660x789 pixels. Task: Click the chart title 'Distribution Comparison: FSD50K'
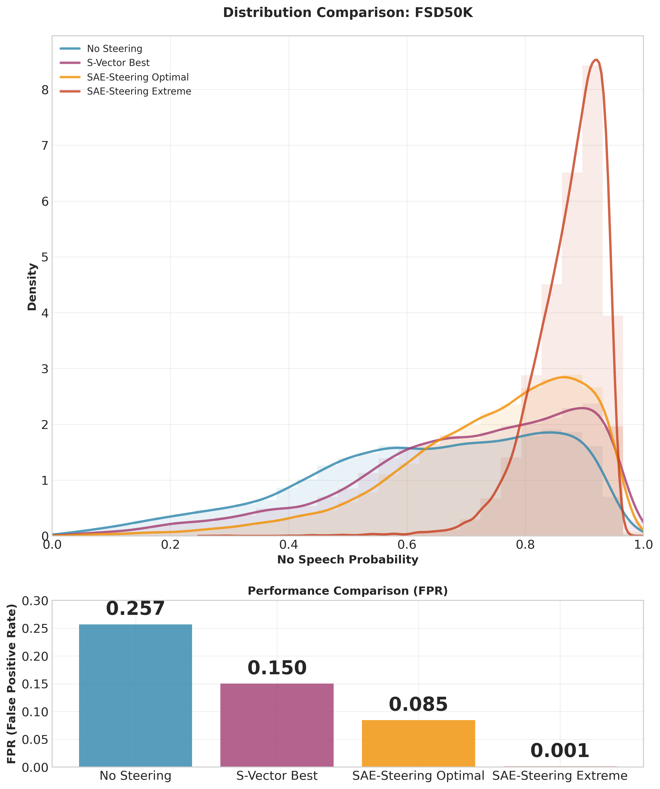[x=348, y=13]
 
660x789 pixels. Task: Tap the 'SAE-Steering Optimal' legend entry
[x=137, y=77]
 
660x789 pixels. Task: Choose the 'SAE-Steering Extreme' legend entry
[x=139, y=91]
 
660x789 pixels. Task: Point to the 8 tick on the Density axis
[x=45, y=90]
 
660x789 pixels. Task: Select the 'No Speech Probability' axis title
[x=348, y=560]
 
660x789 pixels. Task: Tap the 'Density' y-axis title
[x=33, y=287]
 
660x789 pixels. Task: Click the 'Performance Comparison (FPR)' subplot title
[x=348, y=591]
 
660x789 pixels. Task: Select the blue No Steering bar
[x=135, y=695]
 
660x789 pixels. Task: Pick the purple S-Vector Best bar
[x=277, y=725]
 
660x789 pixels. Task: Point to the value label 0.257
[x=135, y=609]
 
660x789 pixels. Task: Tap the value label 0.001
[x=560, y=751]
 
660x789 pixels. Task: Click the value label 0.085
[x=418, y=704]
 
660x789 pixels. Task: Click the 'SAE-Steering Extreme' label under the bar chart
[x=560, y=776]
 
